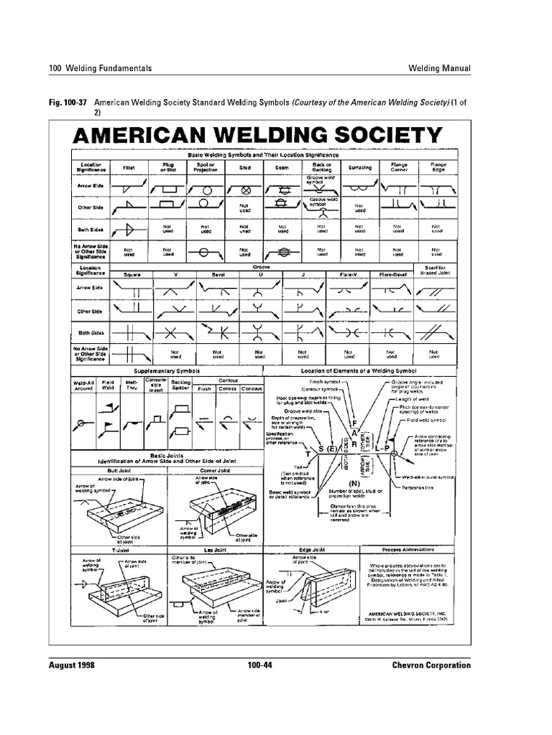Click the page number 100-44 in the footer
(x=258, y=665)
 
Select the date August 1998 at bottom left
(x=78, y=665)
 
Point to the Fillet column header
(x=129, y=167)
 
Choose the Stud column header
(x=244, y=167)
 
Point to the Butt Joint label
(x=119, y=471)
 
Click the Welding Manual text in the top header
(x=439, y=68)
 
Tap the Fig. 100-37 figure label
(x=68, y=103)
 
